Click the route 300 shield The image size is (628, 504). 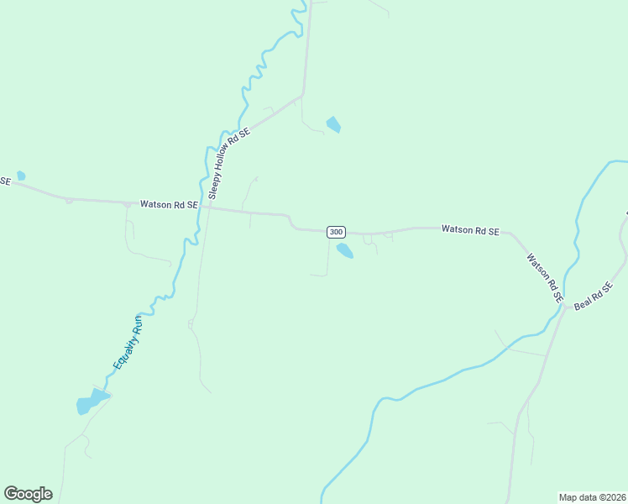[336, 231]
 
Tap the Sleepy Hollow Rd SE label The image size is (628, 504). [229, 163]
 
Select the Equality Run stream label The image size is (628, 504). [129, 343]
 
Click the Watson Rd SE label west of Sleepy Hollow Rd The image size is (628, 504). [169, 204]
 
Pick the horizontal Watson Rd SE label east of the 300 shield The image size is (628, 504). [470, 229]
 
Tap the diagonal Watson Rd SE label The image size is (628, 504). [543, 277]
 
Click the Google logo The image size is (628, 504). [28, 494]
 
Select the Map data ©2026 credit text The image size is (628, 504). [592, 496]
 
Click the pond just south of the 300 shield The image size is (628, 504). [344, 250]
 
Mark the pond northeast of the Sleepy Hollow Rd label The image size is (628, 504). [333, 124]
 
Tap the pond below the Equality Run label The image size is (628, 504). [91, 403]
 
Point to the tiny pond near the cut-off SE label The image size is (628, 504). [21, 176]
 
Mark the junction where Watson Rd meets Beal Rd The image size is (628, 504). [564, 308]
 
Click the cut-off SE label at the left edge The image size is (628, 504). [5, 180]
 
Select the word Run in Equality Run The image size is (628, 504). [139, 322]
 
